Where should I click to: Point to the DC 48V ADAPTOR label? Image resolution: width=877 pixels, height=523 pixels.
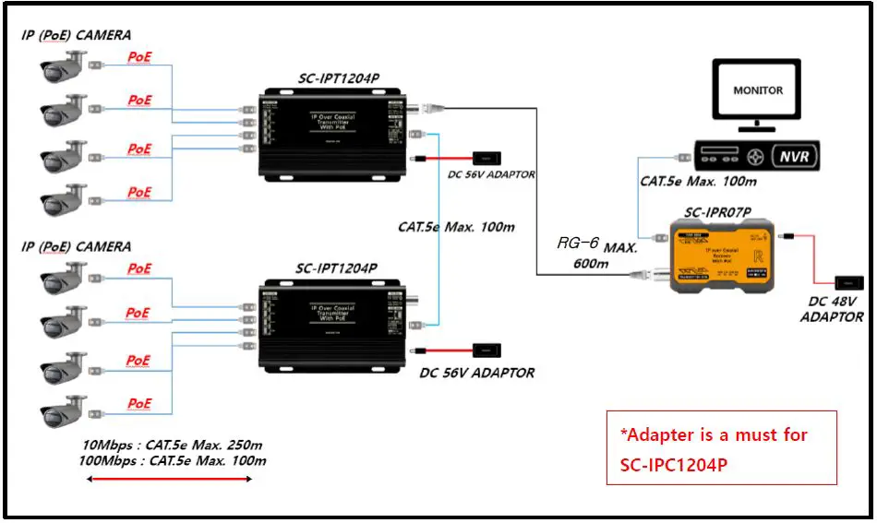click(832, 309)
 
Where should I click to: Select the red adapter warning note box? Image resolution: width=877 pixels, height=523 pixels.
click(721, 448)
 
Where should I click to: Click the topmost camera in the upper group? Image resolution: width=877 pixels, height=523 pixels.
click(64, 65)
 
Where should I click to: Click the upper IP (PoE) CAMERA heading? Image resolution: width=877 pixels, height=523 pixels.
click(77, 35)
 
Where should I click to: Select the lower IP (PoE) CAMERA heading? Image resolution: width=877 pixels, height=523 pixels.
click(77, 247)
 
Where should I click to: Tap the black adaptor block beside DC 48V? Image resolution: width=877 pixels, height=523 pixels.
click(847, 282)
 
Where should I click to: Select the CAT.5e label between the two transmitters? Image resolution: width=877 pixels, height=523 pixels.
click(456, 227)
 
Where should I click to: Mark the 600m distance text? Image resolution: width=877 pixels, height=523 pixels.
click(591, 264)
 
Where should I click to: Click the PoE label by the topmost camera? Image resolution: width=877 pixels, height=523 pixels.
click(139, 57)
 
